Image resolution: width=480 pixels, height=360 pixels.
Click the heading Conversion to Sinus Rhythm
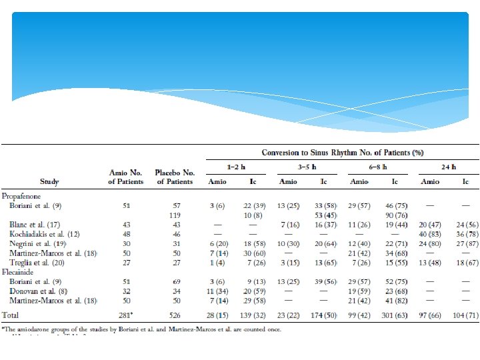pos(342,153)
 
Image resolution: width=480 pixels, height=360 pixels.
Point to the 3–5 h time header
pos(306,167)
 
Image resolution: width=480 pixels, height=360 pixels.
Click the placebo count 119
pos(174,215)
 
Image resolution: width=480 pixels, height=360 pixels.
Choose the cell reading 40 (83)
pos(430,235)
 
